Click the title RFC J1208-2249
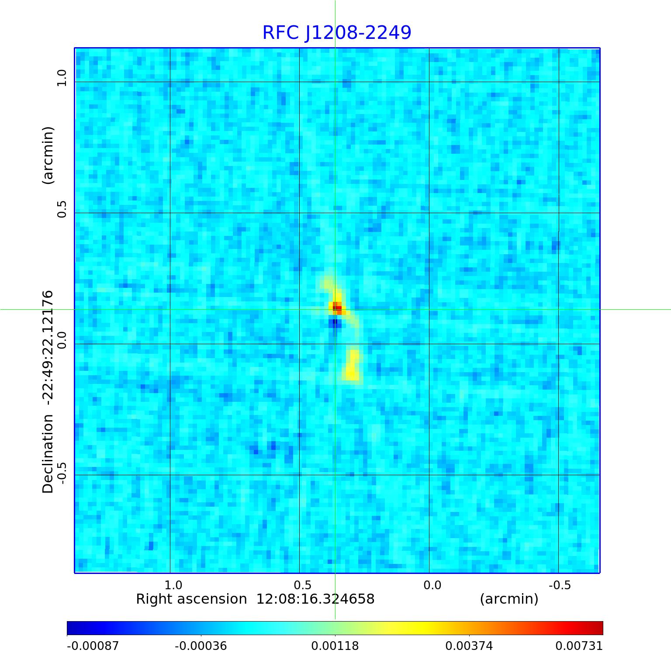coord(337,33)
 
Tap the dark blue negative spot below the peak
coord(335,324)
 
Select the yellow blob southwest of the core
coord(353,365)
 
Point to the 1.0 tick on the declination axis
coord(61,78)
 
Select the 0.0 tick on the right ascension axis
coord(432,585)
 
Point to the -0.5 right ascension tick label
coord(560,585)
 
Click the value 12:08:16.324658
coord(315,599)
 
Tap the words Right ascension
coord(191,599)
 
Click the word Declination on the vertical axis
coord(48,454)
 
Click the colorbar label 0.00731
coord(579,646)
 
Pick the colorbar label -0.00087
coord(93,646)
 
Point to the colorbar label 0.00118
coord(335,646)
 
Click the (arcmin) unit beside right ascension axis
coord(509,599)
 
